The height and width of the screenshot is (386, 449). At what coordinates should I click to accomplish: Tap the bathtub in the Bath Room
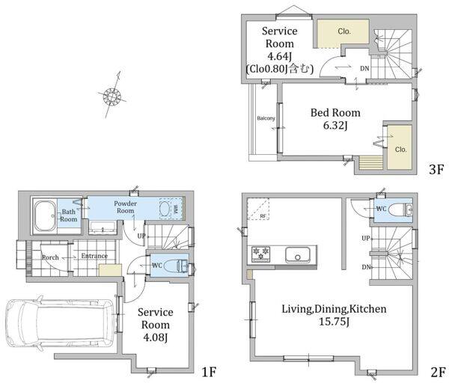click(45, 216)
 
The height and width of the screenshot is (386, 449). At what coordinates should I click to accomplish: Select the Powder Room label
click(125, 206)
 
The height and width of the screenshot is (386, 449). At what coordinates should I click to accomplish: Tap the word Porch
click(50, 257)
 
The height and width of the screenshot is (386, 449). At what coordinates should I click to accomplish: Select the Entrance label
click(94, 256)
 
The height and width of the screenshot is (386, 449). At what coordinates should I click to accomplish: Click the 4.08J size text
click(155, 338)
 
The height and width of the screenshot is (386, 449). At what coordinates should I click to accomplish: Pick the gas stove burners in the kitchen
click(260, 254)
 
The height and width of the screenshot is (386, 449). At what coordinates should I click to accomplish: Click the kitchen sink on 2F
click(298, 254)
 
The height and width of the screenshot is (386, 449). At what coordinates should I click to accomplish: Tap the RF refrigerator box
click(258, 209)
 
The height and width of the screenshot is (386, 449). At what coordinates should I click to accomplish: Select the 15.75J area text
click(334, 322)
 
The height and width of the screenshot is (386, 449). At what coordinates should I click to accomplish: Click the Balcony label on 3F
click(266, 118)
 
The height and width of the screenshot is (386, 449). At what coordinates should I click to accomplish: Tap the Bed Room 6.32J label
click(335, 119)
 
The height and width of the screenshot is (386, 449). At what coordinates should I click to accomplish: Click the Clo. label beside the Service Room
click(344, 31)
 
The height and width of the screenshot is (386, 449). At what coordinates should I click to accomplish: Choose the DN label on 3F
click(364, 69)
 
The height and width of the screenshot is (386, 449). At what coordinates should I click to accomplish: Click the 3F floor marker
click(436, 170)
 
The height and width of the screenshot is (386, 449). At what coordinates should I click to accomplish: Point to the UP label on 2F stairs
click(366, 238)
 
